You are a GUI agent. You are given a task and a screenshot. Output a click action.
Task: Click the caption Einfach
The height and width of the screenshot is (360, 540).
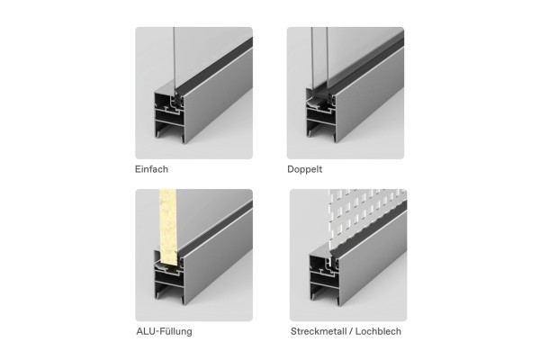point(151,169)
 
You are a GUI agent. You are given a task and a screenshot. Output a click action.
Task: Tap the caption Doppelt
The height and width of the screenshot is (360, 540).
point(305,169)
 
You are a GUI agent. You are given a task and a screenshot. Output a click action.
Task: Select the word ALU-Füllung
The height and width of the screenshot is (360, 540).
point(165,331)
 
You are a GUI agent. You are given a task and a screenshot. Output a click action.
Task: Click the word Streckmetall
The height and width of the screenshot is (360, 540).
point(317,331)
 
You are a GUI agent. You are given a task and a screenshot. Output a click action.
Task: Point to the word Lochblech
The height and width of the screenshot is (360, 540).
point(378,331)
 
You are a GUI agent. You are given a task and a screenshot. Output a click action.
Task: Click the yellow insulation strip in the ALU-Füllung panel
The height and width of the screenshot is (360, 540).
point(168,228)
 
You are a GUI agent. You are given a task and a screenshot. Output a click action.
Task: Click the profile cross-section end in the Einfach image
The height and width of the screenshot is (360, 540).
point(169,115)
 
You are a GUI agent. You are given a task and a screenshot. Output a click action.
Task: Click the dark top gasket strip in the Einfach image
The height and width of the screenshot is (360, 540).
point(213,66)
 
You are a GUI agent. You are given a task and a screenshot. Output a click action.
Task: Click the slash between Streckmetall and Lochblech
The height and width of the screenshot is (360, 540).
point(349,331)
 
